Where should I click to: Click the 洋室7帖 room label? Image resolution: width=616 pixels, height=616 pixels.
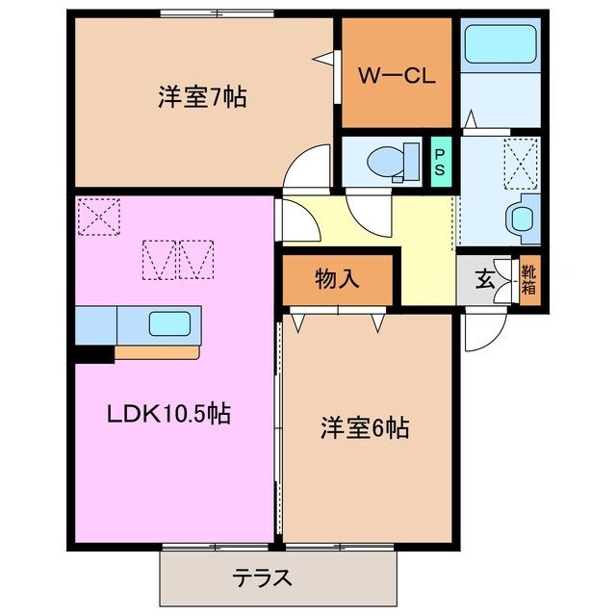coord(201,97)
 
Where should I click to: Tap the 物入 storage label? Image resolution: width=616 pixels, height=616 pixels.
coord(337,279)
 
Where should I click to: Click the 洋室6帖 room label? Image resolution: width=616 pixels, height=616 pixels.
coord(365,428)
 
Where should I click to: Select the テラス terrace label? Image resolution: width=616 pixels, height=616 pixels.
coord(262,578)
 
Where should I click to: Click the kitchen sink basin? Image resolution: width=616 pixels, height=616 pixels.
coord(173,324)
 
